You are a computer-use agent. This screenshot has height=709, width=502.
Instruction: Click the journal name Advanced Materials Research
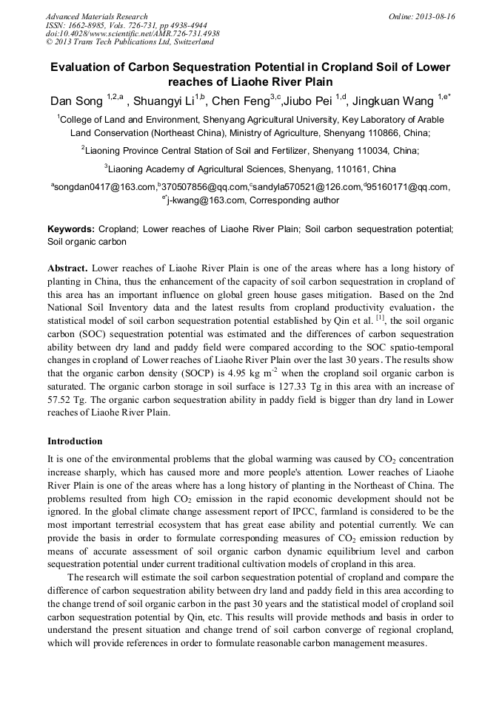pos(96,16)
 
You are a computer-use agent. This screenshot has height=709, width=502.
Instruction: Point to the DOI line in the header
pos(133,34)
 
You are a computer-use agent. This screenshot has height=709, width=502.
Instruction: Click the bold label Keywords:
pos(72,229)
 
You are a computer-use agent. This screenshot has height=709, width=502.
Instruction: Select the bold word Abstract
pos(69,268)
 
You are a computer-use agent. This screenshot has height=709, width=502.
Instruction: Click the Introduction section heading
pos(75,441)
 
